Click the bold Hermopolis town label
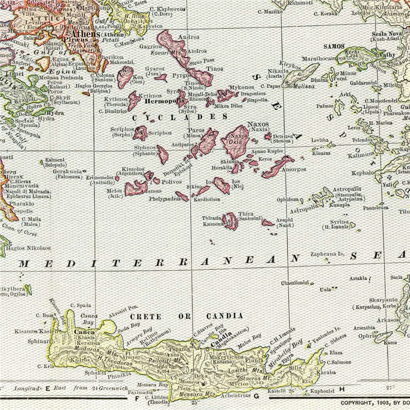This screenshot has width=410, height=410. tap(164, 101)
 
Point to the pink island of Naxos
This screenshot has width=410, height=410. tap(235, 143)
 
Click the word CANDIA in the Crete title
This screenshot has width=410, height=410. tap(225, 316)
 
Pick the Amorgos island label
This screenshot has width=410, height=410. tap(295, 169)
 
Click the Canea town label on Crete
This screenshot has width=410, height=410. tap(84, 332)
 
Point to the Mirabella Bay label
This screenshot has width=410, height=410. tap(292, 352)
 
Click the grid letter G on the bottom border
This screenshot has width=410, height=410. tap(256, 397)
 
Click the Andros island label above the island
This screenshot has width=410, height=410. tap(188, 37)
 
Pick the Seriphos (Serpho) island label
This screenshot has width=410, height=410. tap(122, 132)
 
